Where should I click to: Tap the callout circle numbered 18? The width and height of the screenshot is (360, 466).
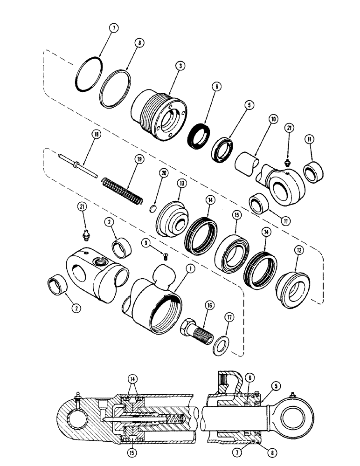96,135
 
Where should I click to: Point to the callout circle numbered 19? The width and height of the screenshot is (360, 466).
126,158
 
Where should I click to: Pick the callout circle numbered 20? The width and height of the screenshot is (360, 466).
163,173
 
